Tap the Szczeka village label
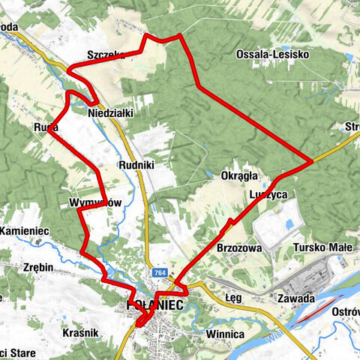coord(106,55)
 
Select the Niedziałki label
coord(110,112)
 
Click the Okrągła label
coord(239,176)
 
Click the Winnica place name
coord(226,334)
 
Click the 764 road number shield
coord(158,273)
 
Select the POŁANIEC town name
coord(153,304)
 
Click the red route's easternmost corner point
coord(311,161)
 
